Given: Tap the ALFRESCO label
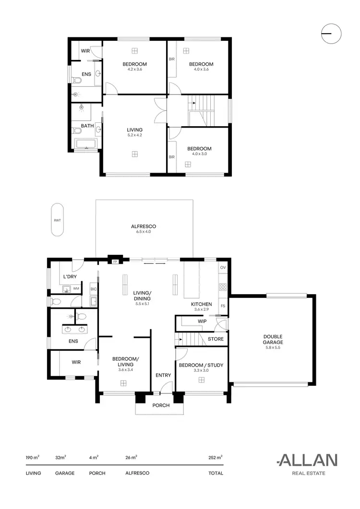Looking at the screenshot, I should (x=144, y=226).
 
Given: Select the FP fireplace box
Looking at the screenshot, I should (x=115, y=262).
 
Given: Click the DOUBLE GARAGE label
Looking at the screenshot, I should (x=273, y=339).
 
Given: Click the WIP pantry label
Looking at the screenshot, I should (x=202, y=321).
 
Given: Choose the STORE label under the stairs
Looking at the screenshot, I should (x=216, y=339).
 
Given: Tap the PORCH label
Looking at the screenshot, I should (x=161, y=405).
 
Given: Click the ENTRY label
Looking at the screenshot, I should (x=160, y=375).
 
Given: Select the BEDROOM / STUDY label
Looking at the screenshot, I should (x=201, y=366).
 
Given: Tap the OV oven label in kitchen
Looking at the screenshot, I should (x=223, y=267).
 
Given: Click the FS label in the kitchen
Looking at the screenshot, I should (x=223, y=306).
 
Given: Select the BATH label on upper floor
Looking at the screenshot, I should (x=87, y=126).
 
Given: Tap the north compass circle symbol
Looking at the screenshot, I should (x=331, y=33).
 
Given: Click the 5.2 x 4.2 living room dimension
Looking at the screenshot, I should (x=134, y=135).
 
